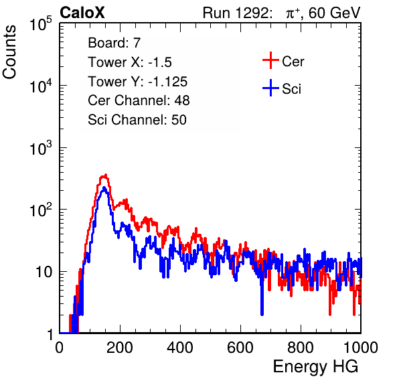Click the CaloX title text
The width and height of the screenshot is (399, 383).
[x=82, y=13]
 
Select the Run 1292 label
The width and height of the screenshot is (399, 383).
[x=236, y=13]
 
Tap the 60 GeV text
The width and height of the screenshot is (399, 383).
[x=334, y=13]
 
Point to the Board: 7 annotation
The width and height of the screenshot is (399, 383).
[x=114, y=42]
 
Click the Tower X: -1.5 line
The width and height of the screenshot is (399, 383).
[x=130, y=62]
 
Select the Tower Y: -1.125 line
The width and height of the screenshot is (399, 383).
[x=138, y=82]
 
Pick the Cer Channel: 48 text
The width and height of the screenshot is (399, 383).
[x=139, y=100]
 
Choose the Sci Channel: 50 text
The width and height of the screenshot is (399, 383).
[x=137, y=120]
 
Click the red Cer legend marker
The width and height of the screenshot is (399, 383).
[x=270, y=60]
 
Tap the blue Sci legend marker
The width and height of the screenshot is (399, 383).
[x=270, y=88]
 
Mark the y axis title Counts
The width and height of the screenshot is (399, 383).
[x=9, y=52]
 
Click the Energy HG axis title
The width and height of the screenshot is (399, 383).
[x=315, y=367]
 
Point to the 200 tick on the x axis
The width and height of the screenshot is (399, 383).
[x=120, y=348]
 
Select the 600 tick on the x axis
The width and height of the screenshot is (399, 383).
[x=240, y=348]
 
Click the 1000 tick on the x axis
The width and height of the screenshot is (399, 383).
[x=360, y=348]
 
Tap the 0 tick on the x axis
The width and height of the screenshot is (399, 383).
[x=60, y=348]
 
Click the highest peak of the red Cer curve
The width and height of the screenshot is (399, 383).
[x=105, y=175]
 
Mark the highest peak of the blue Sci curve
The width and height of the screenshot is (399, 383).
[x=104, y=187]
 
